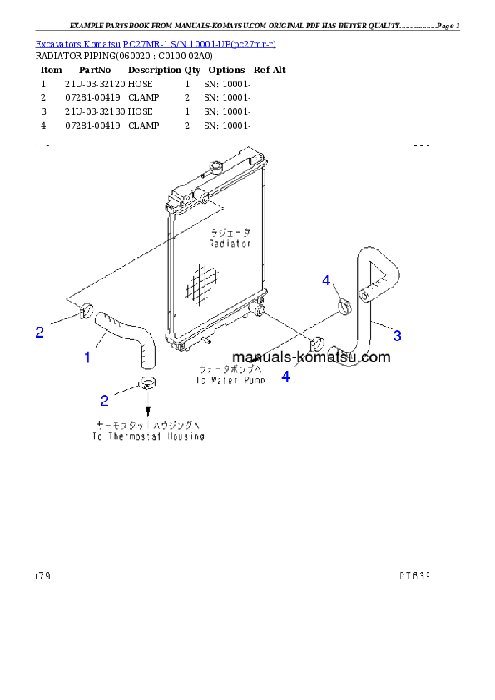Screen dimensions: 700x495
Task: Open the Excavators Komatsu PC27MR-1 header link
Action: pyautogui.click(x=156, y=43)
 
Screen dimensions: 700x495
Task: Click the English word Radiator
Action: pyautogui.click(x=230, y=244)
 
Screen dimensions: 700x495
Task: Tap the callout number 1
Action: pyautogui.click(x=87, y=357)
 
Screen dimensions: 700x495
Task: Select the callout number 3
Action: pyautogui.click(x=397, y=335)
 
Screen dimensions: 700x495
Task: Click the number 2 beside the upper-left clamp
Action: pyautogui.click(x=39, y=333)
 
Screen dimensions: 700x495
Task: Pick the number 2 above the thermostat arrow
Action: pyautogui.click(x=104, y=401)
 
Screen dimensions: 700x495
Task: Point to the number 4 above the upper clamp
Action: pyautogui.click(x=327, y=280)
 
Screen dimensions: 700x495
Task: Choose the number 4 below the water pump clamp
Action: pyautogui.click(x=285, y=376)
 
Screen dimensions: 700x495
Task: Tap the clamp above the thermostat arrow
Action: pyautogui.click(x=147, y=384)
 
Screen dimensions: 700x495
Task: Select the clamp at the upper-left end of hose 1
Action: pyautogui.click(x=85, y=312)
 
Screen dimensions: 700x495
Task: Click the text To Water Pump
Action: pyautogui.click(x=230, y=381)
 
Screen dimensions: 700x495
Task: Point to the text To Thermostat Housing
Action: pyautogui.click(x=148, y=436)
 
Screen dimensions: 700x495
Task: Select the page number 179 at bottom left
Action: pyautogui.click(x=42, y=574)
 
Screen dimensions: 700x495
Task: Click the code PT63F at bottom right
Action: pyautogui.click(x=413, y=574)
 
